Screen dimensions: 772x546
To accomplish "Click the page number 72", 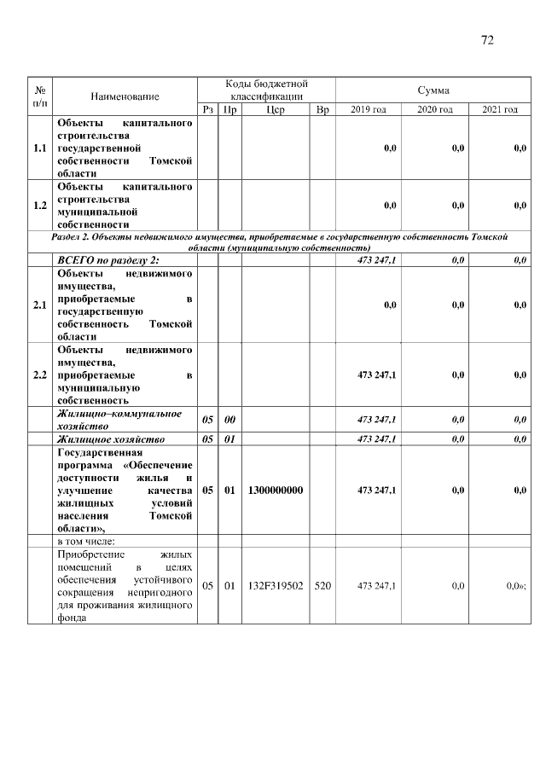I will pos(488,40).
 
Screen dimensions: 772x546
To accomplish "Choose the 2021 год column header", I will pos(500,110).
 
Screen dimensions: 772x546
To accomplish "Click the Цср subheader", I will pos(275,110).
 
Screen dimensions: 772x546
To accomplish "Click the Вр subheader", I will pos(322,110).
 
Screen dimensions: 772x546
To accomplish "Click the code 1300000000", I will pos(276,490).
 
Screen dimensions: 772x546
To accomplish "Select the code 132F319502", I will pos(276,585).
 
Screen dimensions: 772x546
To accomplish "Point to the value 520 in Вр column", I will pos(322,585).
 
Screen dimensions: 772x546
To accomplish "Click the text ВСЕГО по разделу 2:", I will pos(108,260).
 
